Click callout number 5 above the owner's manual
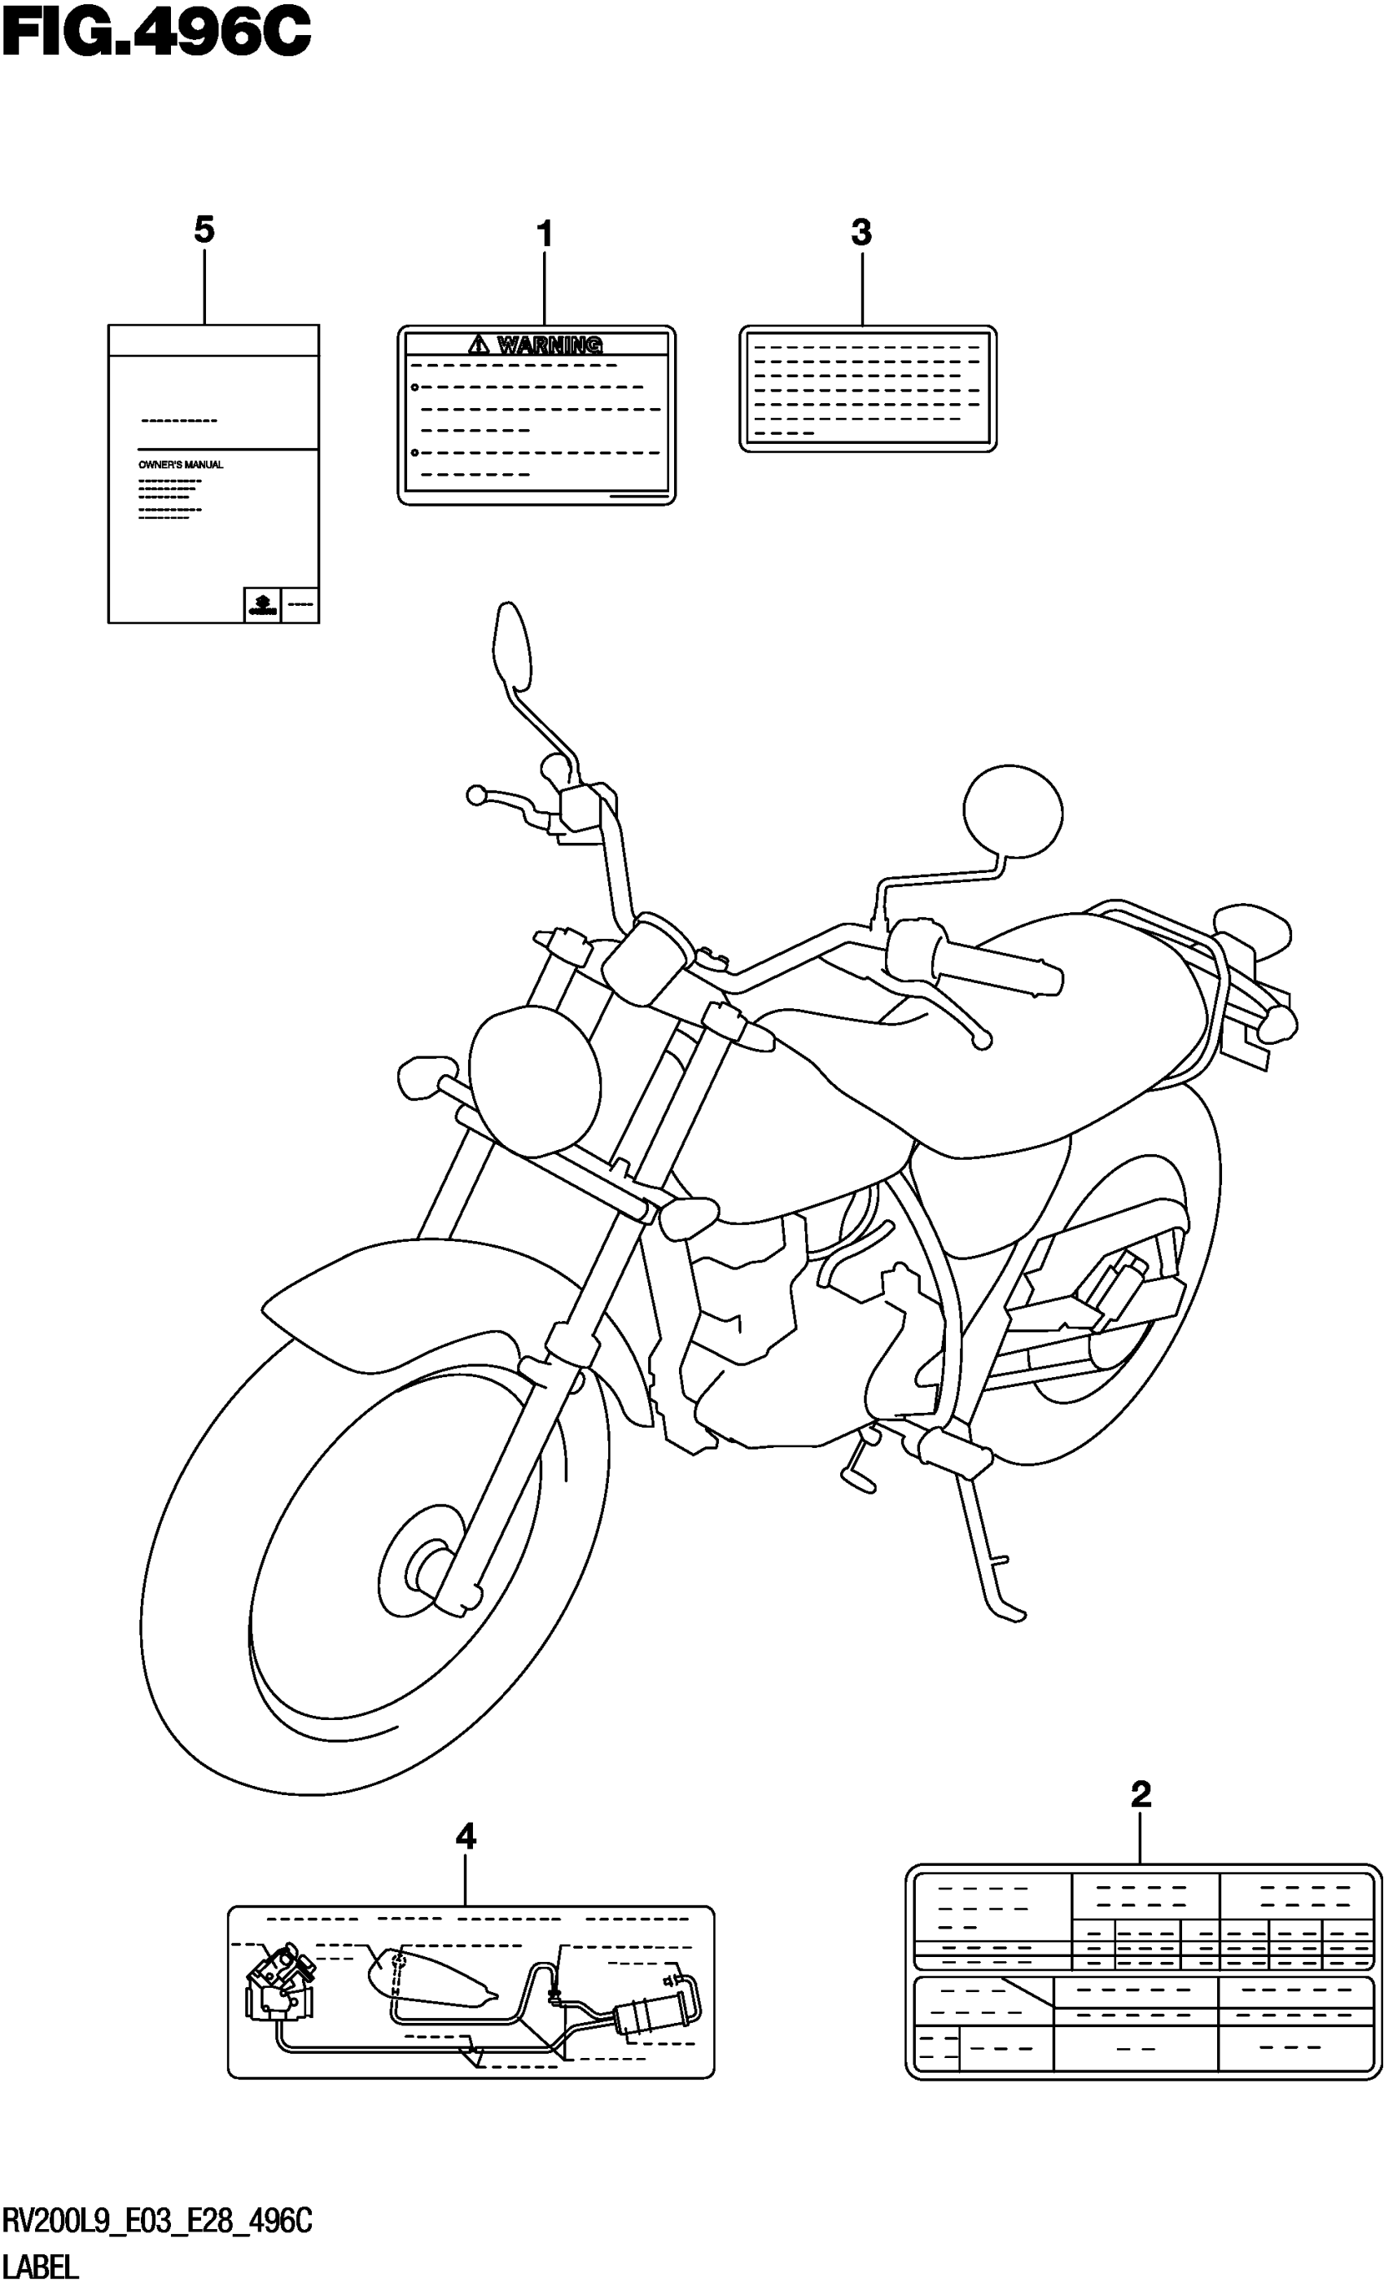[204, 229]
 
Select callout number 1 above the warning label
[545, 234]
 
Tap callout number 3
[861, 232]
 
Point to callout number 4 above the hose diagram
[465, 1837]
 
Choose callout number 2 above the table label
[1141, 1794]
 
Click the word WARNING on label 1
[550, 345]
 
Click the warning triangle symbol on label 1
[479, 345]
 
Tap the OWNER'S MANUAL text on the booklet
[181, 465]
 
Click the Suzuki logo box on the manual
[261, 605]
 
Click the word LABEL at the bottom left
[42, 2266]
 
